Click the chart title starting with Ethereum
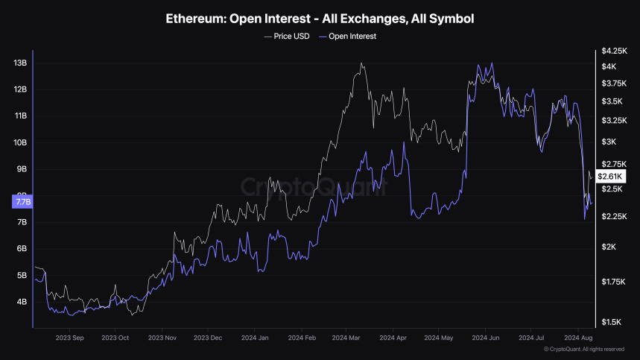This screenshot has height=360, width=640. click(320, 17)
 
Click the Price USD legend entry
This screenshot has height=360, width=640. click(287, 36)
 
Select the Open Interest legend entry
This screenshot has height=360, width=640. click(347, 36)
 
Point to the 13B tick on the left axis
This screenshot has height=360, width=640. click(21, 63)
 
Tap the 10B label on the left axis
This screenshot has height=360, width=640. click(21, 142)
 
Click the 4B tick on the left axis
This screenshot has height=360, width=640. click(21, 302)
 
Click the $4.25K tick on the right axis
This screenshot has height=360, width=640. click(614, 51)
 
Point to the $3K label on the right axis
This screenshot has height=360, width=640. click(609, 142)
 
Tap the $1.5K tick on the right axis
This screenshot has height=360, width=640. click(612, 322)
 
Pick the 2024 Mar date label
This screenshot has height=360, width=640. click(347, 338)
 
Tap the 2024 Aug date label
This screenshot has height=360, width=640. click(578, 338)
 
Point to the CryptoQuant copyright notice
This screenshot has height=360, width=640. click(584, 349)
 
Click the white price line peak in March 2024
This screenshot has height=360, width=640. click(362, 63)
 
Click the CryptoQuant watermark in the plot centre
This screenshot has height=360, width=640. click(313, 186)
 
